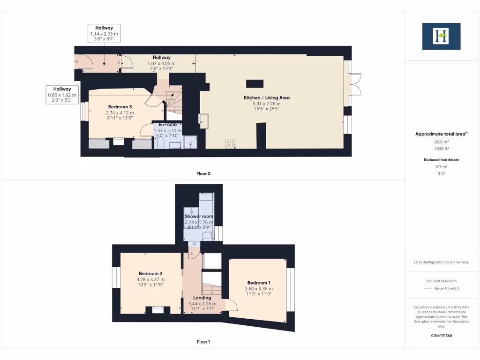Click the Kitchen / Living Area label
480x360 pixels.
pyautogui.click(x=266, y=97)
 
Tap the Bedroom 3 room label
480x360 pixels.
pyautogui.click(x=120, y=107)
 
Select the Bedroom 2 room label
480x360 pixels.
pyautogui.click(x=150, y=273)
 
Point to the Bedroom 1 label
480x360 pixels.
pyautogui.click(x=259, y=283)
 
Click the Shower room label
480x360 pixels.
pyautogui.click(x=199, y=216)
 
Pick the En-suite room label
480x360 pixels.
pyautogui.click(x=167, y=124)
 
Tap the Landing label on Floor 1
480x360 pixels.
pyautogui.click(x=202, y=298)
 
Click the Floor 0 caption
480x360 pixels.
pyautogui.click(x=203, y=174)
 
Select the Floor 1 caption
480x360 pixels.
pyautogui.click(x=203, y=342)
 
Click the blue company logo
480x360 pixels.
pyautogui.click(x=441, y=36)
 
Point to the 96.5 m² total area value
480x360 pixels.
pyautogui.click(x=441, y=141)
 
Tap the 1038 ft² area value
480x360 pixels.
pyautogui.click(x=441, y=148)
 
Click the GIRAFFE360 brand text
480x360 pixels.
pyautogui.click(x=441, y=336)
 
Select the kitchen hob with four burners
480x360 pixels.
pyautogui.click(x=231, y=143)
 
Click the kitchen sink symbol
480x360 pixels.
pyautogui.click(x=204, y=120)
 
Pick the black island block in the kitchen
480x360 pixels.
pyautogui.click(x=255, y=84)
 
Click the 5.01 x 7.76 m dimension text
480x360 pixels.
pyautogui.click(x=266, y=104)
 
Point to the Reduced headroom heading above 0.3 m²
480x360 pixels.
pyautogui.click(x=441, y=160)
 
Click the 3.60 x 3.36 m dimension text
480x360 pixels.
pyautogui.click(x=259, y=289)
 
